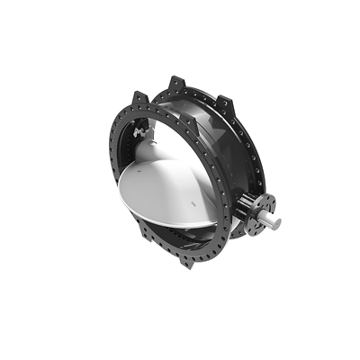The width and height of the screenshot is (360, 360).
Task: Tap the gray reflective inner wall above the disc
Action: coord(180,135)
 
